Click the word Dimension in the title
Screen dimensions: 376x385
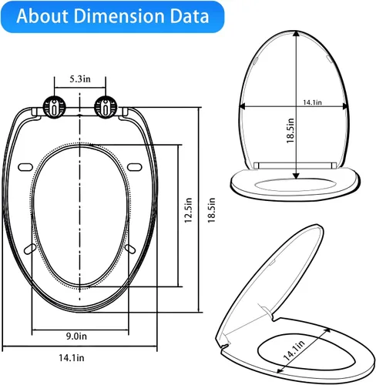(x=120, y=16)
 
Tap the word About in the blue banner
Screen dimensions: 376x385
(x=42, y=16)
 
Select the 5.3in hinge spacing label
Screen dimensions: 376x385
(x=80, y=79)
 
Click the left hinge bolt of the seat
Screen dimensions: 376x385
(x=54, y=107)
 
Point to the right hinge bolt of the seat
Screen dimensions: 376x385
(x=106, y=107)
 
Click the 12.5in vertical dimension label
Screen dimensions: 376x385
(x=188, y=210)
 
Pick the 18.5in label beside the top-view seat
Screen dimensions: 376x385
(x=211, y=210)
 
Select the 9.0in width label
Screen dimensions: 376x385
(x=76, y=336)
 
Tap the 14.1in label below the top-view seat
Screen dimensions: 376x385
(x=72, y=357)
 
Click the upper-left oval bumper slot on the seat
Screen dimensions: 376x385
(x=25, y=167)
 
